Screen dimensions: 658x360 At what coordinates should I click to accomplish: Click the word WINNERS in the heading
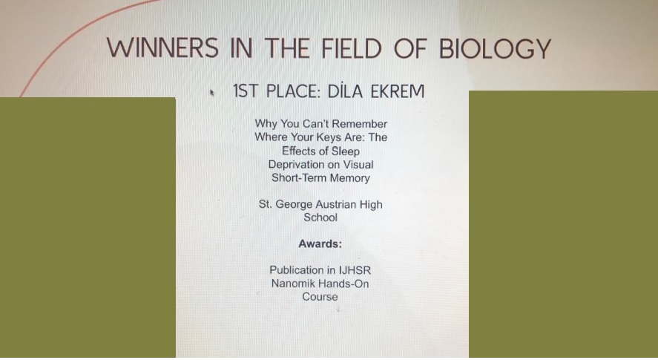(162, 48)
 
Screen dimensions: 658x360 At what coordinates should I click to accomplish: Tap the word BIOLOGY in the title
(495, 49)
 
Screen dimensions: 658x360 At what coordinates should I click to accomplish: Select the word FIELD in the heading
(351, 48)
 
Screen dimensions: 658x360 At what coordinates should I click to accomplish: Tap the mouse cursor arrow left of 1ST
(212, 93)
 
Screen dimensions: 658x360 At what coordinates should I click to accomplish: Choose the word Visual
(358, 164)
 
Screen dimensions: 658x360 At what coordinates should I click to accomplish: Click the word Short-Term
(299, 177)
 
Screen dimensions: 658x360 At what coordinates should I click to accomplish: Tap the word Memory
(349, 178)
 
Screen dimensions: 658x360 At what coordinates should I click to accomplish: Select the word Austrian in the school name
(341, 205)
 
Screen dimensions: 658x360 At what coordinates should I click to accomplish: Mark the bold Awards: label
(320, 243)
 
